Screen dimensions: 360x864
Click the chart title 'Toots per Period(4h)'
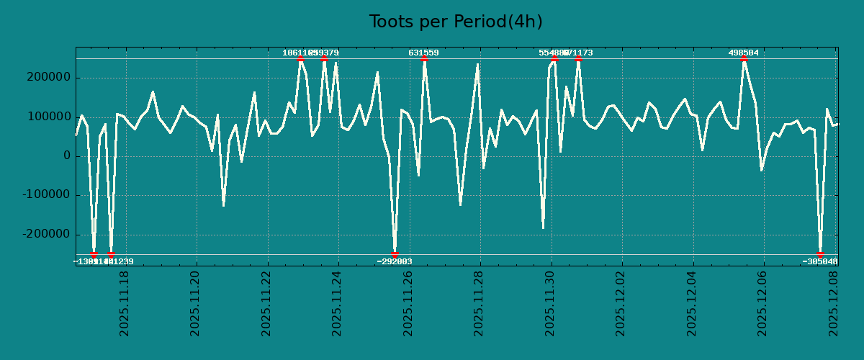[455, 22]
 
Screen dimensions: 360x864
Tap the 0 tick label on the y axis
[67, 156]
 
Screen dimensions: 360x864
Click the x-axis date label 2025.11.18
[124, 303]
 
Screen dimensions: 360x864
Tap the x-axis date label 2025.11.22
[266, 303]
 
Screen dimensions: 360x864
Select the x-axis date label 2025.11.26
[408, 303]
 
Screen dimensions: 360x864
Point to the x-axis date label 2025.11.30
[550, 303]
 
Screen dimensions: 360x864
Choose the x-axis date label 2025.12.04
[693, 303]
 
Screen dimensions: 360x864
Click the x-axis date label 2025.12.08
[834, 303]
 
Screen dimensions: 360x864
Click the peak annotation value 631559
[423, 53]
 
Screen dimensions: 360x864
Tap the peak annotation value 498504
[743, 53]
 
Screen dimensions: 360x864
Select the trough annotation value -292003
[395, 261]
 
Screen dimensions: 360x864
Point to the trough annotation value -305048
[820, 261]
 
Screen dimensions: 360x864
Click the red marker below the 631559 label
[424, 59]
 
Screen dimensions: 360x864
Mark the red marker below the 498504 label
[744, 59]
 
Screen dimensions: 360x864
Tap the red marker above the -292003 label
[395, 254]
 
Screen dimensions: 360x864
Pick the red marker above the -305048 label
[820, 254]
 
